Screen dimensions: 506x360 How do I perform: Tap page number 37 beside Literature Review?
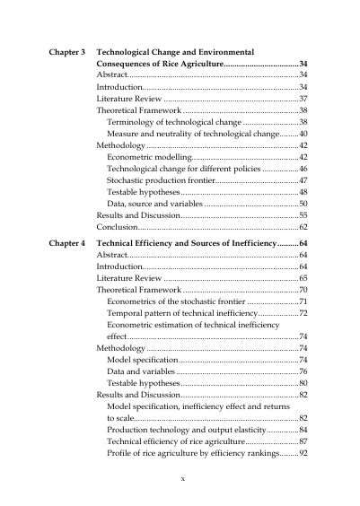303,99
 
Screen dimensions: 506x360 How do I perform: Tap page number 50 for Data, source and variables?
303,205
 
